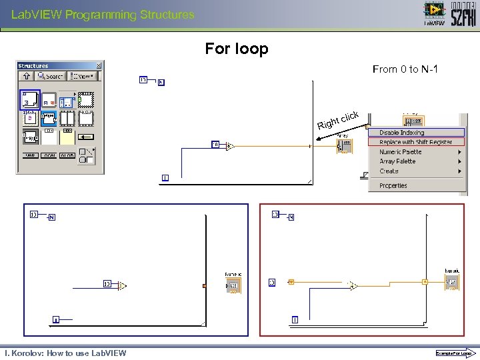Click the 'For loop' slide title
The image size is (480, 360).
point(237,49)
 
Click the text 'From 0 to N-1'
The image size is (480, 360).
point(405,69)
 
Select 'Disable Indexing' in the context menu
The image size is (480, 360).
point(401,133)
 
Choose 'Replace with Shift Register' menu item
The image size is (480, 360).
point(415,142)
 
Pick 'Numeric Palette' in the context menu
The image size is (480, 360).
point(400,152)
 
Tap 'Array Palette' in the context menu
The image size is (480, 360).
point(397,161)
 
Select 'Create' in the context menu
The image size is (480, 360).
point(389,171)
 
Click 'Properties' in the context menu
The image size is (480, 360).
point(393,186)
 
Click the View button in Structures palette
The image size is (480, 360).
point(83,77)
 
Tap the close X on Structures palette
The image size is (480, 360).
point(99,65)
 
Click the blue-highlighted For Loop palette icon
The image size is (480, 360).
point(30,100)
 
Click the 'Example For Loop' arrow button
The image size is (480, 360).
point(454,353)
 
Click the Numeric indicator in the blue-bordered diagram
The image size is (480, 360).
point(233,285)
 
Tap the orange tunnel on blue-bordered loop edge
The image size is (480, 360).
point(205,286)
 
